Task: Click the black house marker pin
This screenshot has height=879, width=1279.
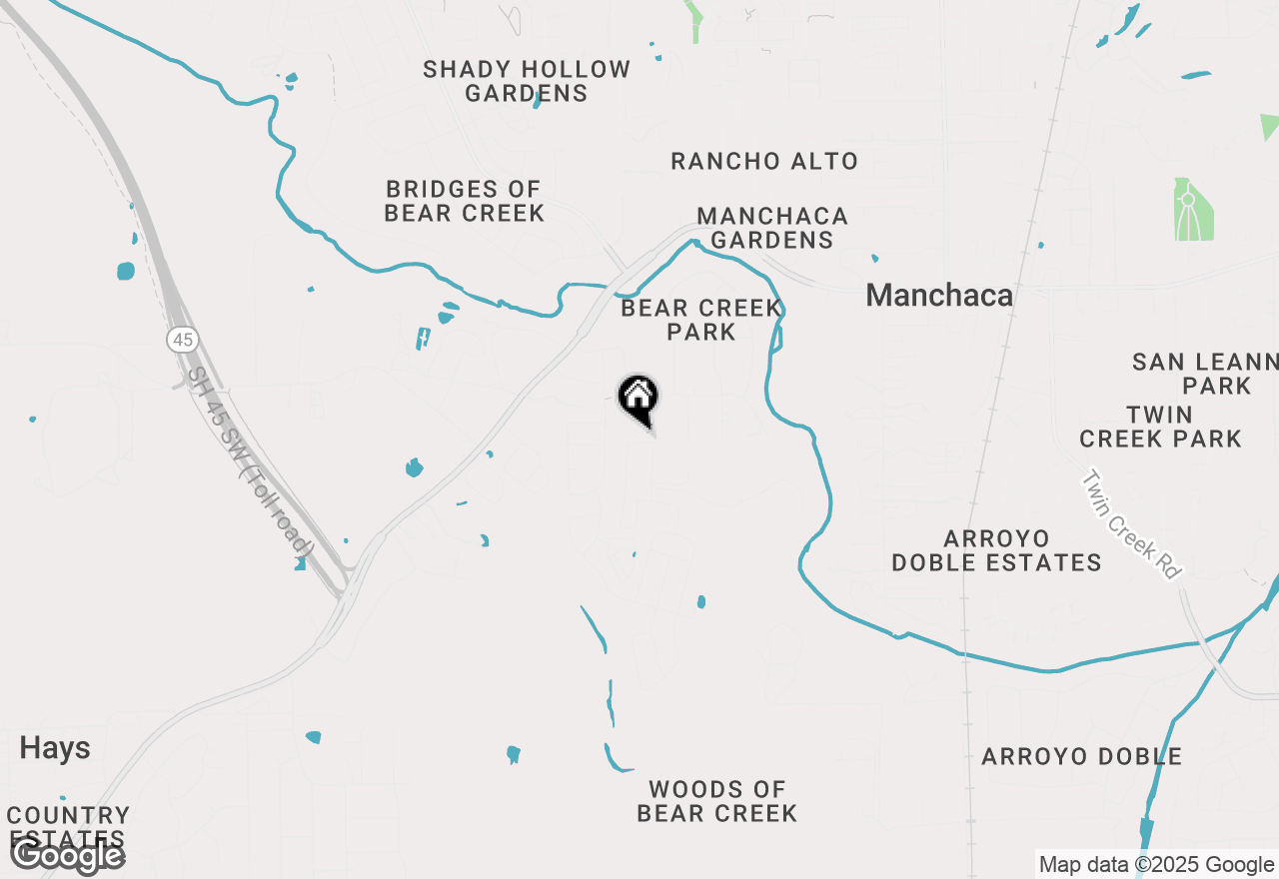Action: click(639, 398)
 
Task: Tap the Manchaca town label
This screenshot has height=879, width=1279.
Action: click(939, 295)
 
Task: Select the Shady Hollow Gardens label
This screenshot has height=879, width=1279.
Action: click(527, 81)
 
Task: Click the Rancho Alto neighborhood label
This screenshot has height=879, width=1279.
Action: click(764, 161)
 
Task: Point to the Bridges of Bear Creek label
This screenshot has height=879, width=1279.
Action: click(465, 201)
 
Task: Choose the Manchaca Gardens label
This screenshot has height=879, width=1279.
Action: click(772, 228)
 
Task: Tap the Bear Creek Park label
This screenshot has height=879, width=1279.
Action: click(701, 320)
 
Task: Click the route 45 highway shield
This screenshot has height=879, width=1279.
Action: click(182, 340)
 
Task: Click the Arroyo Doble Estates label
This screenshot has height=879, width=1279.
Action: click(996, 550)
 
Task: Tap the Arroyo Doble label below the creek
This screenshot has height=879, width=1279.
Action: click(1082, 756)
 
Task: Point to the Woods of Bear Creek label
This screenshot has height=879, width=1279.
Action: click(717, 801)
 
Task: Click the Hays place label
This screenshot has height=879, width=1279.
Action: click(55, 748)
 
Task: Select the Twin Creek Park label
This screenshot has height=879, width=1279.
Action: click(1160, 427)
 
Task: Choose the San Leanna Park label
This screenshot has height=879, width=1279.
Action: click(1205, 374)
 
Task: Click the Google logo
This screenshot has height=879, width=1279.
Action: click(67, 855)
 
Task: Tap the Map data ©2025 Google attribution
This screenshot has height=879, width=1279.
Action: click(1156, 865)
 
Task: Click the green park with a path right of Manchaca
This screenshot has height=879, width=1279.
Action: click(1193, 210)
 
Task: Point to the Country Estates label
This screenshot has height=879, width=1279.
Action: click(68, 827)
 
